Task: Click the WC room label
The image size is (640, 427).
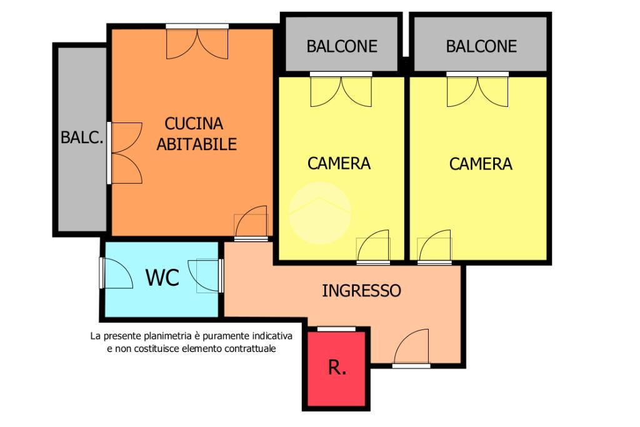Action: pyautogui.click(x=162, y=278)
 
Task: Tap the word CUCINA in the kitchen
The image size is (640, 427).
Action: pyautogui.click(x=194, y=123)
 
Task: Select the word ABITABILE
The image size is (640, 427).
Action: pyautogui.click(x=197, y=144)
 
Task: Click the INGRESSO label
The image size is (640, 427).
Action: pyautogui.click(x=362, y=291)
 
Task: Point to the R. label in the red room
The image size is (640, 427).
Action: pyautogui.click(x=337, y=368)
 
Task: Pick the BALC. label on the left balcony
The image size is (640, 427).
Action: pyautogui.click(x=82, y=137)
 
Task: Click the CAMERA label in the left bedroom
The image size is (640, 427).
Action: pyautogui.click(x=339, y=163)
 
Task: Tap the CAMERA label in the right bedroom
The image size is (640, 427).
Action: pyautogui.click(x=481, y=164)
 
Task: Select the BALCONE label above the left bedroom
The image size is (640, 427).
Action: pyautogui.click(x=342, y=46)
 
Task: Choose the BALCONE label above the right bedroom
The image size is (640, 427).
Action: pyautogui.click(x=481, y=46)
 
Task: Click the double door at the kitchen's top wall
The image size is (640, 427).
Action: pyautogui.click(x=197, y=41)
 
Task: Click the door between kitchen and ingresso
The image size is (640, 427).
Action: pyautogui.click(x=251, y=223)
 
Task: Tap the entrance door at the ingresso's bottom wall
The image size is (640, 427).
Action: pyautogui.click(x=411, y=348)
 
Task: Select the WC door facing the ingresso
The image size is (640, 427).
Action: pyautogui.click(x=206, y=276)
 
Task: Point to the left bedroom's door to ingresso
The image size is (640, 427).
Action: pyautogui.click(x=373, y=247)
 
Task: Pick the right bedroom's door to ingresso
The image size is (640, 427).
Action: pyautogui.click(x=435, y=247)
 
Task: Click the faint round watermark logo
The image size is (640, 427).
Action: pyautogui.click(x=320, y=213)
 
